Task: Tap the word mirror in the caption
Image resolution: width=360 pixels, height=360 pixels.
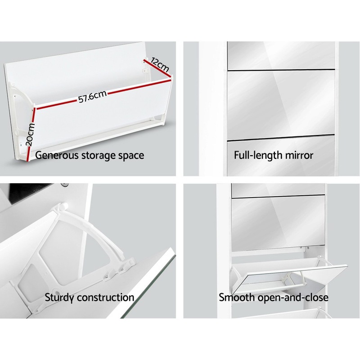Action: pyautogui.click(x=299, y=156)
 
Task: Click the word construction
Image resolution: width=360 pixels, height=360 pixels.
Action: pyautogui.click(x=107, y=297)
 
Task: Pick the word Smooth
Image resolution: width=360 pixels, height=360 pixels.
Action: pyautogui.click(x=236, y=297)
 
